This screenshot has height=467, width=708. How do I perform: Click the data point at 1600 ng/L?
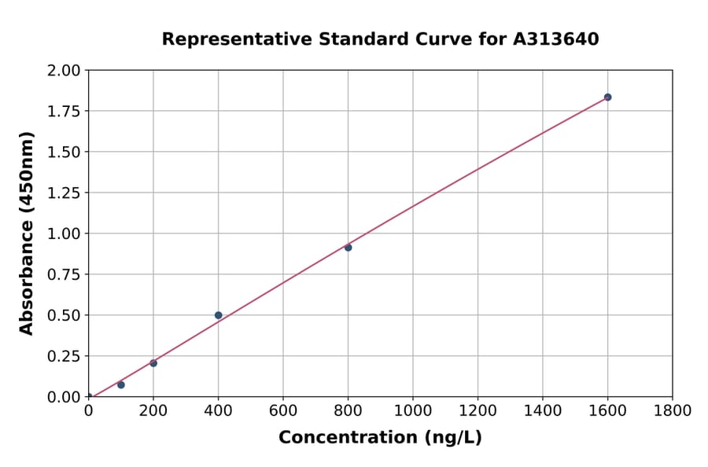607,97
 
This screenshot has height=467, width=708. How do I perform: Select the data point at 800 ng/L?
348,248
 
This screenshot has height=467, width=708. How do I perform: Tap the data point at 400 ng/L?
218,315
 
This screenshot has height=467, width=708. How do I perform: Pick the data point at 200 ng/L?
153,363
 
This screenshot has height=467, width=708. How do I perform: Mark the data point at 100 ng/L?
121,384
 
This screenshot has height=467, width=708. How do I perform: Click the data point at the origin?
88,397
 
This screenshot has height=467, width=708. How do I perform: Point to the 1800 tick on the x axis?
673,410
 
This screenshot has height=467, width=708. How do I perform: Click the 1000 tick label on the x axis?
413,410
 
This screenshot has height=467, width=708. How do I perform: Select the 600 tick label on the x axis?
283,410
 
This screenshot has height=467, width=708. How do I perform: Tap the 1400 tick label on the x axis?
543,410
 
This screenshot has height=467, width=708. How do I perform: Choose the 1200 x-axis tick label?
478,410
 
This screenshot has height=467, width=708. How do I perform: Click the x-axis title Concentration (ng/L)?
380,438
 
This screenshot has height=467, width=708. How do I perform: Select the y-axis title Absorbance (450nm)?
27,233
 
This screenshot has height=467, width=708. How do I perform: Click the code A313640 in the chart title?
556,39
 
